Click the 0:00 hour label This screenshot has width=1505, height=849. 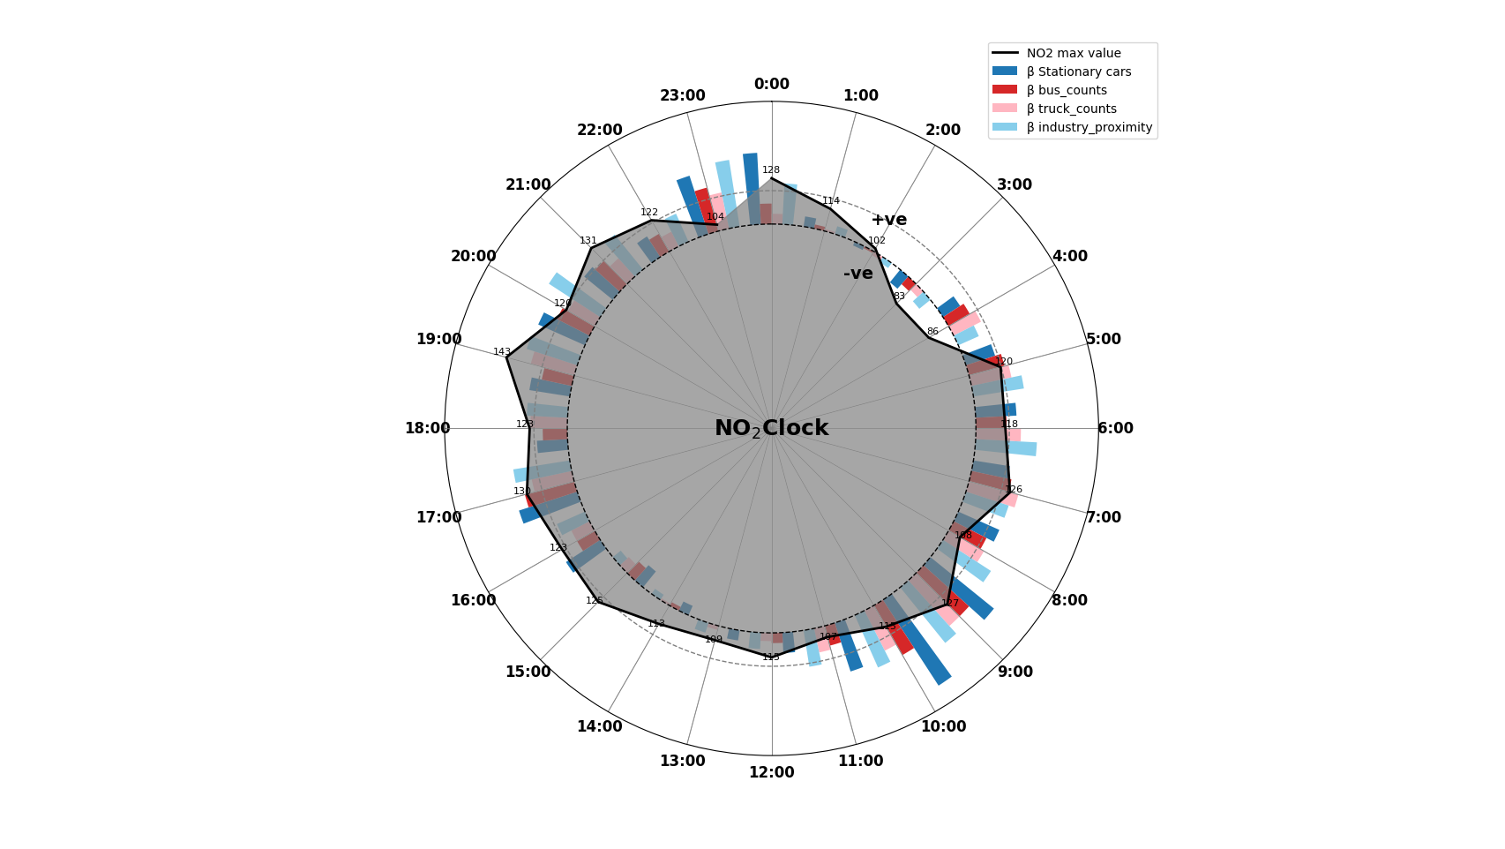[771, 85]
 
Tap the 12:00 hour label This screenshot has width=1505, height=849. [771, 773]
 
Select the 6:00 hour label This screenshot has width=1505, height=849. [1115, 429]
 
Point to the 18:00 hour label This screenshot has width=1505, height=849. [427, 429]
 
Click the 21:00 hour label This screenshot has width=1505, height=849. [528, 185]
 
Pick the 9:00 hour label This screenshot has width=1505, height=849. [1015, 672]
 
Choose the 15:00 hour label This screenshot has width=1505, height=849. [528, 672]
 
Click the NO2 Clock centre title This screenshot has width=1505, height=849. [771, 429]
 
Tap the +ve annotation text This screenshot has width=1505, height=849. [888, 220]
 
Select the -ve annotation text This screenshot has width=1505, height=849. [857, 274]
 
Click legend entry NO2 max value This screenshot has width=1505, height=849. [1073, 54]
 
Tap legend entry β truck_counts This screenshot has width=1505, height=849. [1071, 109]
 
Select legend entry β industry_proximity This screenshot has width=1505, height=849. [1089, 128]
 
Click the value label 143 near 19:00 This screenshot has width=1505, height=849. [502, 352]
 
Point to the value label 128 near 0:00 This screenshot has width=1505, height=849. [771, 170]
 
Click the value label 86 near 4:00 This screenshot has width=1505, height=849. [932, 332]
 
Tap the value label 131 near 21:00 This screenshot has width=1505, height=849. [588, 241]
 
